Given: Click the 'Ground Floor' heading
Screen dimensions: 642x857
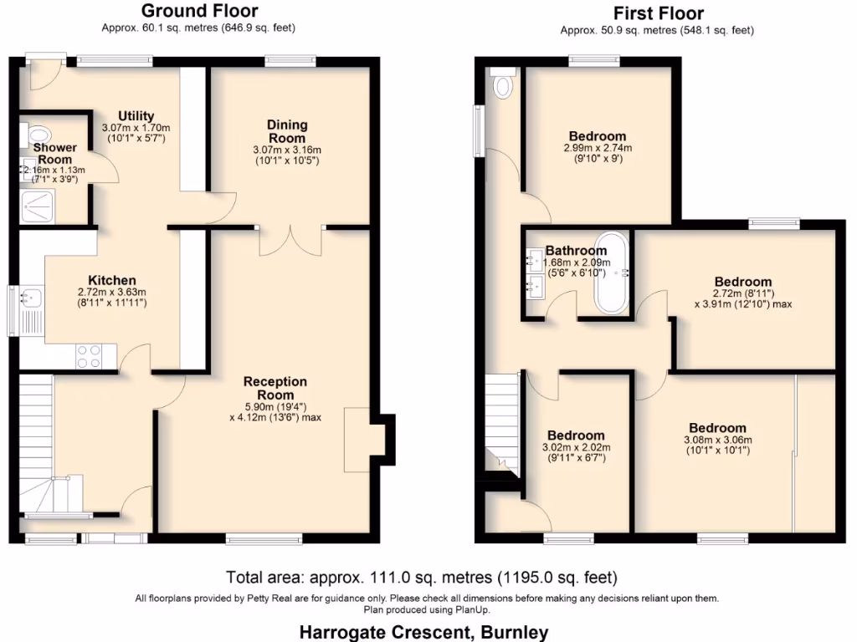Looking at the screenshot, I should coord(199,11).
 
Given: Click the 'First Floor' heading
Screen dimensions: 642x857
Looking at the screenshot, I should coord(658,13).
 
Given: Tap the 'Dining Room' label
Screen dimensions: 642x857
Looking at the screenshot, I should coord(286,131).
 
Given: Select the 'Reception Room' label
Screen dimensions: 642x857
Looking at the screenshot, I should coord(275,388).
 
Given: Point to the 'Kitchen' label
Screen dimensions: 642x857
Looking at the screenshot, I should coord(112,280).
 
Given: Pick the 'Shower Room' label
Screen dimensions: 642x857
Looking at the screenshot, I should coord(54,154).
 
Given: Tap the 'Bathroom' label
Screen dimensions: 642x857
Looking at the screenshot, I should coord(576,251).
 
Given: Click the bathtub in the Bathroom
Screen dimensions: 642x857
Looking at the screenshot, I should coord(612,273).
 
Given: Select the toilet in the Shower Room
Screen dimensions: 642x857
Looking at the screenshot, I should coord(38,134).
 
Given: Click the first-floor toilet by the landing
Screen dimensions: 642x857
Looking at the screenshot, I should coord(503,84).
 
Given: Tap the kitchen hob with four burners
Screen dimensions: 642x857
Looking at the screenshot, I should coord(89,356).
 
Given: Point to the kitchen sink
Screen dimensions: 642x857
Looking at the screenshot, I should coord(31,297).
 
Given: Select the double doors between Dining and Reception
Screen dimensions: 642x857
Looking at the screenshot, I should coord(290,240).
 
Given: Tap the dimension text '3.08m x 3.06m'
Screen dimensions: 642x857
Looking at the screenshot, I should coord(717,440).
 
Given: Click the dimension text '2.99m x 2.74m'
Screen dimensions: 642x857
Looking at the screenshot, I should coord(598,147).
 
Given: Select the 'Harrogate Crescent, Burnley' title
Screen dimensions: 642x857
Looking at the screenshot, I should coord(423,631).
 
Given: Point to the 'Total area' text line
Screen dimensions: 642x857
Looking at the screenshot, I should coord(421,577).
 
